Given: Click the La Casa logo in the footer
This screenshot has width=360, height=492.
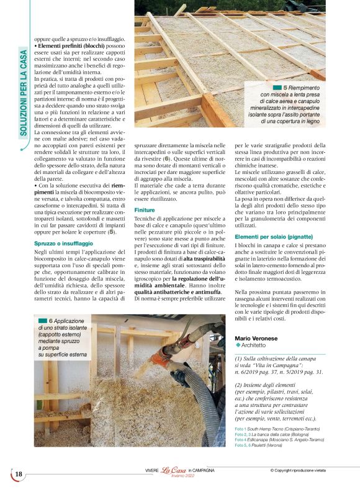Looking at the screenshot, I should pos(174,471).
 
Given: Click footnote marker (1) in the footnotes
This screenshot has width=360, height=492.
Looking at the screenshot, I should pos(240,359).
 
